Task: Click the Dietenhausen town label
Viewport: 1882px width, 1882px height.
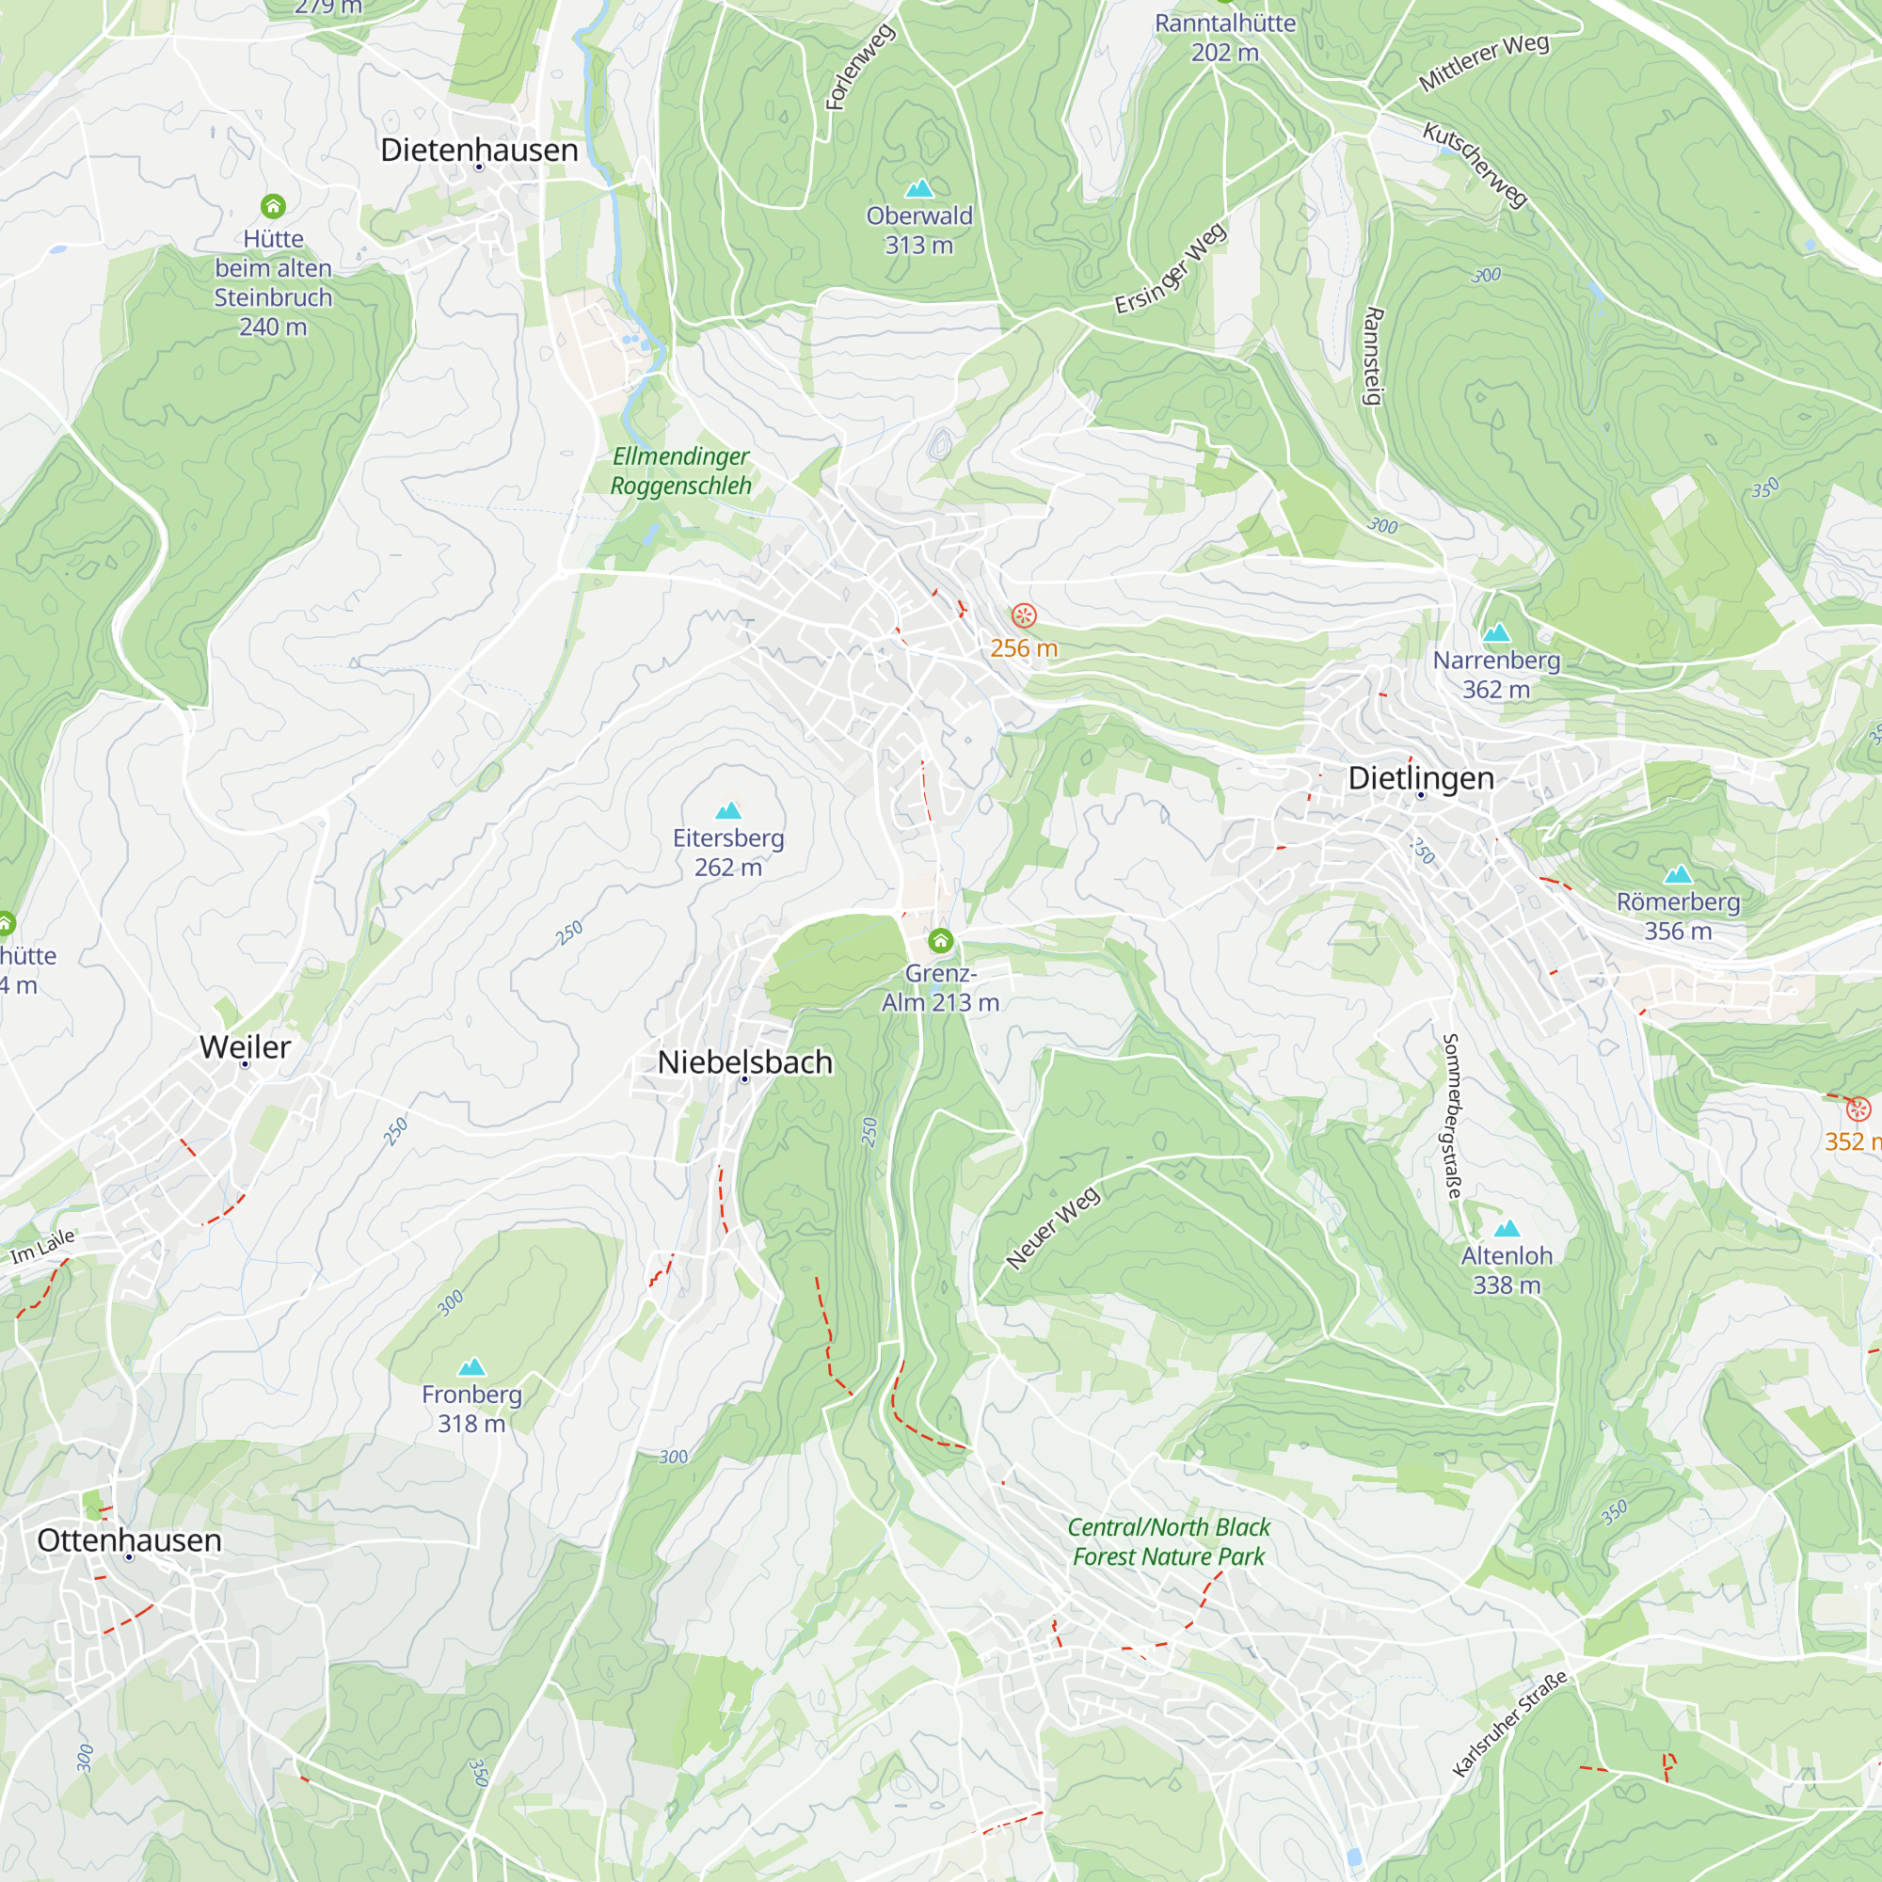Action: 478,150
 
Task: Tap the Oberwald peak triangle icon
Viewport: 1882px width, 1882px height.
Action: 918,188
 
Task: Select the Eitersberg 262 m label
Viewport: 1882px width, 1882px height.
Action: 727,853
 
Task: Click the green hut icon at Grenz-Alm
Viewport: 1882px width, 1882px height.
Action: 940,940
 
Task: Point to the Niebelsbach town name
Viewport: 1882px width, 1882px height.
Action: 745,1061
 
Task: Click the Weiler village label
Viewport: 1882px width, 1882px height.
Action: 245,1047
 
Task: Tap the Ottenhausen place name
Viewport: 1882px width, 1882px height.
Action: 130,1540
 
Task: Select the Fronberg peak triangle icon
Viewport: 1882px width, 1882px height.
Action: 471,1366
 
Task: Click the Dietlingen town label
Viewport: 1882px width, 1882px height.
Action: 1420,778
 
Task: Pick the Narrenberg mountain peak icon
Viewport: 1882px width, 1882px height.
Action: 1496,633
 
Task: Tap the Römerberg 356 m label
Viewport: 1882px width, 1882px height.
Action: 1678,916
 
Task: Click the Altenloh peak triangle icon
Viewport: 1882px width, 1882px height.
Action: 1507,1228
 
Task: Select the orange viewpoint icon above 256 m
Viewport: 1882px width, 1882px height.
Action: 1024,614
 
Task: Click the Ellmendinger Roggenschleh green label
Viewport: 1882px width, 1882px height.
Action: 681,470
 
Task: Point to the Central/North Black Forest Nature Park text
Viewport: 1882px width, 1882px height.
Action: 1168,1541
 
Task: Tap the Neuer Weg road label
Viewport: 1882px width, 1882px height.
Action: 1053,1227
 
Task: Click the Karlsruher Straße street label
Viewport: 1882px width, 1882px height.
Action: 1510,1722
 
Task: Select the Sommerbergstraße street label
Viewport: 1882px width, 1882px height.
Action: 1451,1116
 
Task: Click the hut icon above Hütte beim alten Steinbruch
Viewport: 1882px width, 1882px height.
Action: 273,205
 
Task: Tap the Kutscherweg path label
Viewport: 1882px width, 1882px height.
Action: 1475,165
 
